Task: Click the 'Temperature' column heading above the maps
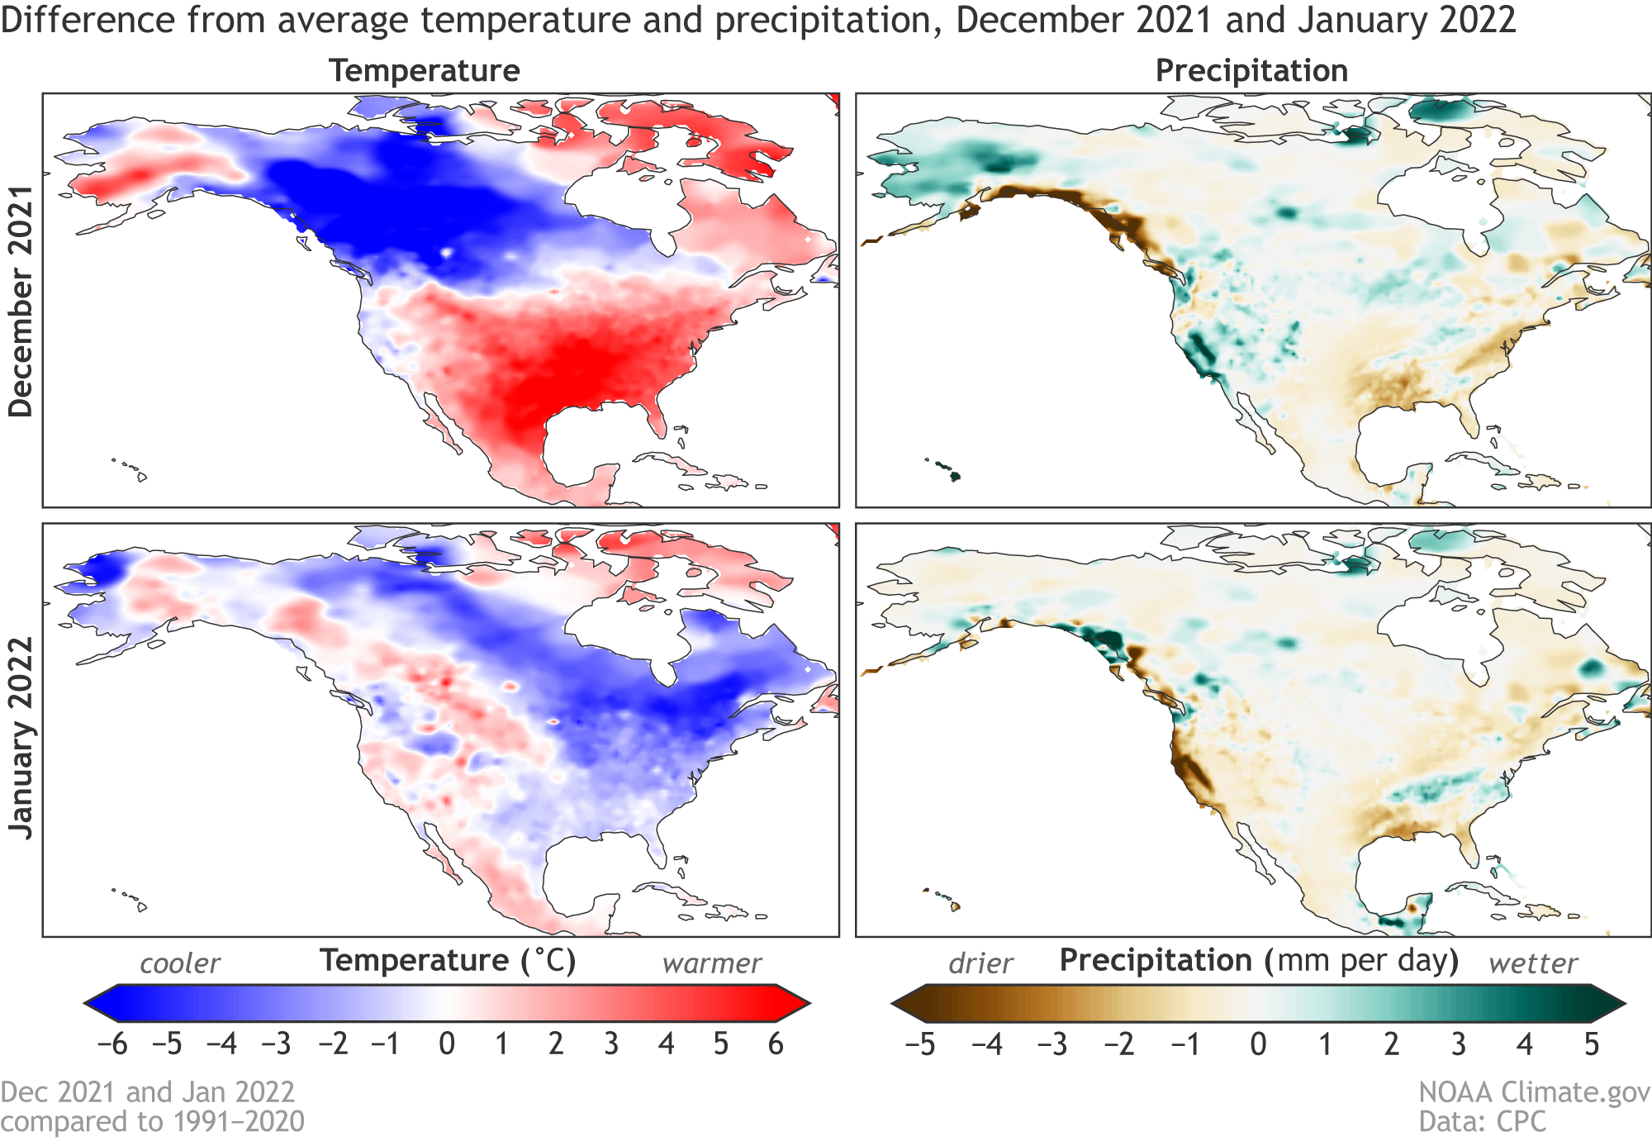coord(425,71)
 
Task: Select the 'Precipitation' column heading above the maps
coord(1251,71)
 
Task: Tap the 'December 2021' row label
coord(21,301)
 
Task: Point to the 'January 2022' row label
coord(21,738)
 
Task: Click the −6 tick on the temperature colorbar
coord(113,1044)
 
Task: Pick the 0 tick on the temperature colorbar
coord(447,1044)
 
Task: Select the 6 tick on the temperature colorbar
coord(776,1044)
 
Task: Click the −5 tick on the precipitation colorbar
coord(920,1044)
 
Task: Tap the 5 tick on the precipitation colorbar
coord(1592,1044)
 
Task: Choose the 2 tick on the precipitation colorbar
coord(1392,1044)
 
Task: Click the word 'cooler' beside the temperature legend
coord(180,963)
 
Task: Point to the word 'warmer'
coord(711,963)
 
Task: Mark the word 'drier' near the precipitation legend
coord(980,963)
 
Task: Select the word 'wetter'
coord(1533,963)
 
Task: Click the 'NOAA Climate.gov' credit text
coord(1534,1092)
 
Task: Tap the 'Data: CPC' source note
coord(1483,1121)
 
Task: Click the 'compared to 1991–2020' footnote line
coord(153,1121)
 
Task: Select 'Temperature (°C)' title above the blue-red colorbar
coord(447,961)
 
